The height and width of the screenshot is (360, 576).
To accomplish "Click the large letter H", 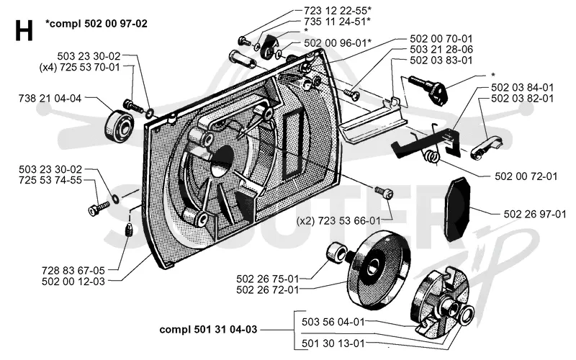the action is coord(24,30).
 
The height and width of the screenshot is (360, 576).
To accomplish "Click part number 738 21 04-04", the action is coord(50,98).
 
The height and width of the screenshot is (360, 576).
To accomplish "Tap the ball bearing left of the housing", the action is coord(119,125).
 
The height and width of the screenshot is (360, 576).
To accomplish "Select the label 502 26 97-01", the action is coord(535,214).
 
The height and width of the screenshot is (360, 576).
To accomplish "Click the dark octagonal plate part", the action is coord(458,209).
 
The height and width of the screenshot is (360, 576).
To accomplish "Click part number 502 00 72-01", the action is coord(526,176).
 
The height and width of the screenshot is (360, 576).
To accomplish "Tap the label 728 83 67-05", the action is coord(73,271).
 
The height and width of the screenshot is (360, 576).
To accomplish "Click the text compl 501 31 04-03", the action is coord(208,330).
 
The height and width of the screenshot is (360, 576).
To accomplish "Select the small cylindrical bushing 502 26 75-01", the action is coord(336,252).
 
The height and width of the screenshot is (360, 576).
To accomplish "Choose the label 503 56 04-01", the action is coord(333,322).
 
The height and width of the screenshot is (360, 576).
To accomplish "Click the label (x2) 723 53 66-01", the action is coord(338,221).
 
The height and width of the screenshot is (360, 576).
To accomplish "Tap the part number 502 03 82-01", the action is coord(522,99).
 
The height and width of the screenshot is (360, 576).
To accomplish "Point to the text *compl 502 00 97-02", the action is coord(96,24).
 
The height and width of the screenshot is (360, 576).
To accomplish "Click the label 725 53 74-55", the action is coord(50,180).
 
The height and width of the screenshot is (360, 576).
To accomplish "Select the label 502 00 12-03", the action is coord(73,282).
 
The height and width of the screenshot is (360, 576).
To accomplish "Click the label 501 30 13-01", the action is coord(333,343).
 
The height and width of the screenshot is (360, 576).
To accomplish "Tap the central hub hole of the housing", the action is coord(222,162).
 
